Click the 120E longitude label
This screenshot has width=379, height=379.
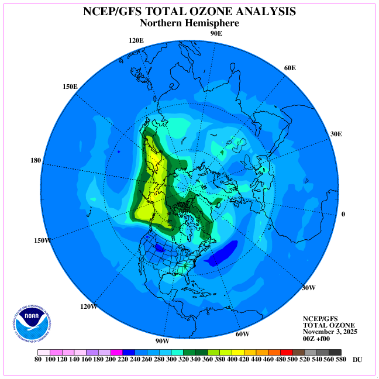pos(136,40)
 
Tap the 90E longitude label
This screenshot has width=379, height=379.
pos(216,33)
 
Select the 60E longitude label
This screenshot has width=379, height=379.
pos(290,68)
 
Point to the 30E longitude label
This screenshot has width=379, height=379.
pos(336,134)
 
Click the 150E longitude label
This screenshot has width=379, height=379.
pos(70,87)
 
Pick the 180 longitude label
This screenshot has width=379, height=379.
pos(35,160)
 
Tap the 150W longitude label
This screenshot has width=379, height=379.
pos(43,240)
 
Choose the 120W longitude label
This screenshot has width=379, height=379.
pos(88,306)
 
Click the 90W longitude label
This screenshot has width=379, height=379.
pos(162,341)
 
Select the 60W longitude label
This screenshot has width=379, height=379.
pos(242,334)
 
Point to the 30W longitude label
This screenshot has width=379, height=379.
pos(308,287)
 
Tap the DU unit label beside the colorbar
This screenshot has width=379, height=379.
pos(357,359)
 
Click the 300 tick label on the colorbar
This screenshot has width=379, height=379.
pos(171,359)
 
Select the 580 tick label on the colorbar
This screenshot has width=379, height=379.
pos(342,359)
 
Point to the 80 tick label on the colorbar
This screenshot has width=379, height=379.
pos(38,359)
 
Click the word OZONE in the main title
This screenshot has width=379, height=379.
pos(214,12)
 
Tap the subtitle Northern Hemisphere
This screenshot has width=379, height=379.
pos(189,23)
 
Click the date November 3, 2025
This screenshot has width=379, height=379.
pos(330,332)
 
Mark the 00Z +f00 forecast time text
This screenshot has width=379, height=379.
pos(318,339)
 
